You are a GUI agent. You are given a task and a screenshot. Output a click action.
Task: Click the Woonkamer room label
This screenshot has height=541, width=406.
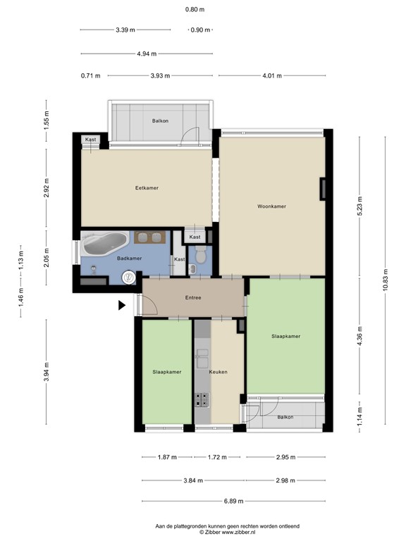click(271, 206)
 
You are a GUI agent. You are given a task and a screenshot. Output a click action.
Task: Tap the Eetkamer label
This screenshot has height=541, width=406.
click(146, 188)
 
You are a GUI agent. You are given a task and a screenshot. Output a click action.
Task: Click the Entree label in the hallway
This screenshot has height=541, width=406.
click(193, 298)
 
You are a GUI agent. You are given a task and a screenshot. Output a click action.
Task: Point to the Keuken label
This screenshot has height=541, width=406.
click(218, 371)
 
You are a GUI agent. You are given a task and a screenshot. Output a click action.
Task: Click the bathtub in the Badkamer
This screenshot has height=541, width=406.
click(103, 244)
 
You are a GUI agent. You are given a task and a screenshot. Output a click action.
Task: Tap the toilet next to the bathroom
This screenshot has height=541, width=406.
click(199, 256)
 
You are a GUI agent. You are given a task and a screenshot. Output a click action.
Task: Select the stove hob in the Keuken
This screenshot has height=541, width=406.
click(202, 399)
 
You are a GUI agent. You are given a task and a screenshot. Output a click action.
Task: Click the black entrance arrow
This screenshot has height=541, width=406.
click(122, 305)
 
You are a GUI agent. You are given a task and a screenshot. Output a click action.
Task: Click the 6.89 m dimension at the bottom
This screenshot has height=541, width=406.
click(233, 501)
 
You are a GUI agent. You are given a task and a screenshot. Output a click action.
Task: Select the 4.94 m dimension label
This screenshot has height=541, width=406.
click(146, 54)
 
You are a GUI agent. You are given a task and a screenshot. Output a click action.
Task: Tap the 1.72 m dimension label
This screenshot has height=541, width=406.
click(217, 458)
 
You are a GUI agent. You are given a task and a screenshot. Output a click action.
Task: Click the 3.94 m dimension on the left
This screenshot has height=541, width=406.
click(47, 371)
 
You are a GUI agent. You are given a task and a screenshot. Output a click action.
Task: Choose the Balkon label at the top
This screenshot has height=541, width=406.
click(160, 121)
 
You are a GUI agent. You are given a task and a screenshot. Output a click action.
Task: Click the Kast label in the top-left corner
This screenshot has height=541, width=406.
click(91, 139)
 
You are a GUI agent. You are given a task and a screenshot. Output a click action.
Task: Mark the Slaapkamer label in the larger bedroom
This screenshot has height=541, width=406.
click(286, 336)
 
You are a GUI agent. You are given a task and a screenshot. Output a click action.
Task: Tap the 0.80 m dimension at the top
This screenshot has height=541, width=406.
click(195, 10)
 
